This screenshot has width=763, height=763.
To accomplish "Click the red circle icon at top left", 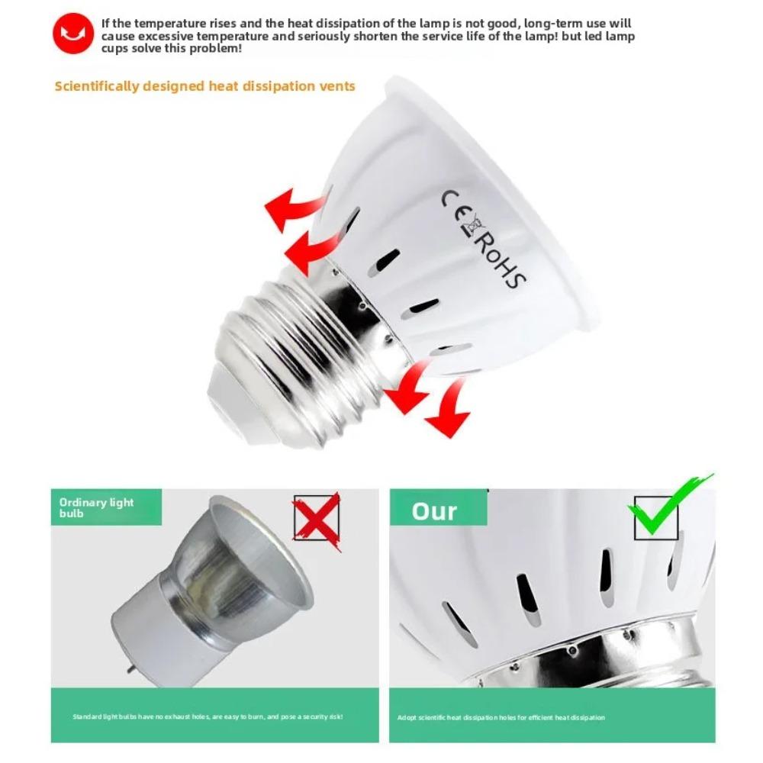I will (x=73, y=35).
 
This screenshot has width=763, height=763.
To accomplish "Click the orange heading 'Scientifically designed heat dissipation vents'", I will (x=204, y=86).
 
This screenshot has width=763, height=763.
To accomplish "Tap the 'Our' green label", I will (x=436, y=510).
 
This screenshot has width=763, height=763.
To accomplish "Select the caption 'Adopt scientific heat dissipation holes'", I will (x=501, y=717).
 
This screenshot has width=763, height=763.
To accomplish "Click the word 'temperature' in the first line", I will (x=166, y=24).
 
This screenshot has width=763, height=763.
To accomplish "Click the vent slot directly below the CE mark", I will (x=383, y=262).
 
